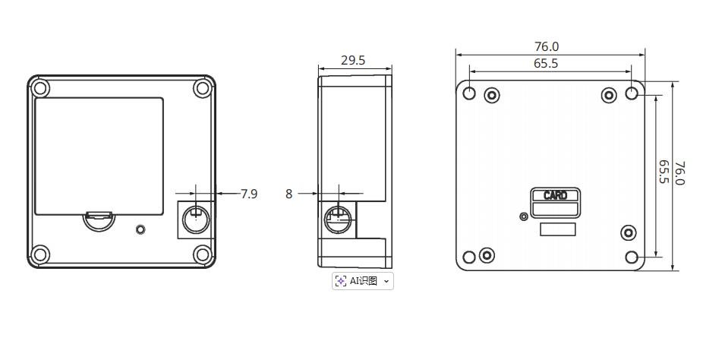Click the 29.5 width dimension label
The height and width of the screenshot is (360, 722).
[x=352, y=60]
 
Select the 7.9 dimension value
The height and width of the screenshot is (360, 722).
[x=249, y=194]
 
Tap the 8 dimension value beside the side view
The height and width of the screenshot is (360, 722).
[x=288, y=194]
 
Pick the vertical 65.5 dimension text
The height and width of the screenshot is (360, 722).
[x=663, y=172]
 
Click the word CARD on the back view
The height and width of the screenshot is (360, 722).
[x=555, y=195]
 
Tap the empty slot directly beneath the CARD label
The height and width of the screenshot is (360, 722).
[x=555, y=210]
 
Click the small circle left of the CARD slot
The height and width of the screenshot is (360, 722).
[x=523, y=216]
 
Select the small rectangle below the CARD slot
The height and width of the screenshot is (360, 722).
[x=556, y=230]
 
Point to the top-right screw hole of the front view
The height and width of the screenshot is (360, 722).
[x=202, y=88]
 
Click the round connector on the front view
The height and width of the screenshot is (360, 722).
[x=196, y=219]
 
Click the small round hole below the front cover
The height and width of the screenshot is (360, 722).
[x=140, y=229]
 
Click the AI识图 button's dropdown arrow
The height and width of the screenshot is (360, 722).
[x=386, y=281]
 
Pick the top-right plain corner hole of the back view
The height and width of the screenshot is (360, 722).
[x=632, y=93]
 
